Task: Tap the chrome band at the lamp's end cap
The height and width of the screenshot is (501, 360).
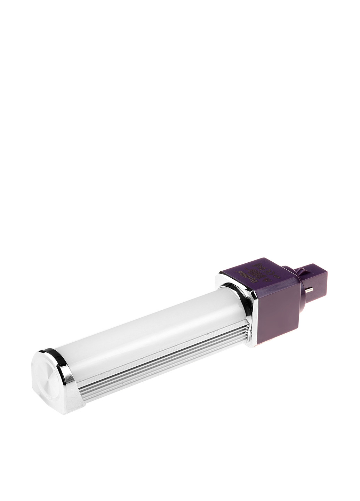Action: pos(66,369)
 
